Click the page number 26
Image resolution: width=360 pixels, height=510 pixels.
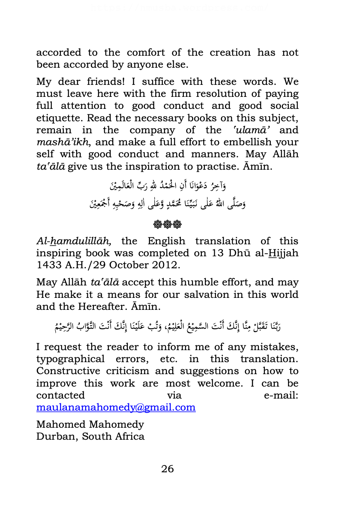(x=168, y=469)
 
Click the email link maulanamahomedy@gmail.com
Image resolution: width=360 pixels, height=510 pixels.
(x=116, y=407)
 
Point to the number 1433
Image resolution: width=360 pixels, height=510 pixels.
(x=49, y=265)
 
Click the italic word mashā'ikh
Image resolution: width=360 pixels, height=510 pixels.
(x=61, y=142)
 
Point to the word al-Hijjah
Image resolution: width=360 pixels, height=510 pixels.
(x=278, y=253)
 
